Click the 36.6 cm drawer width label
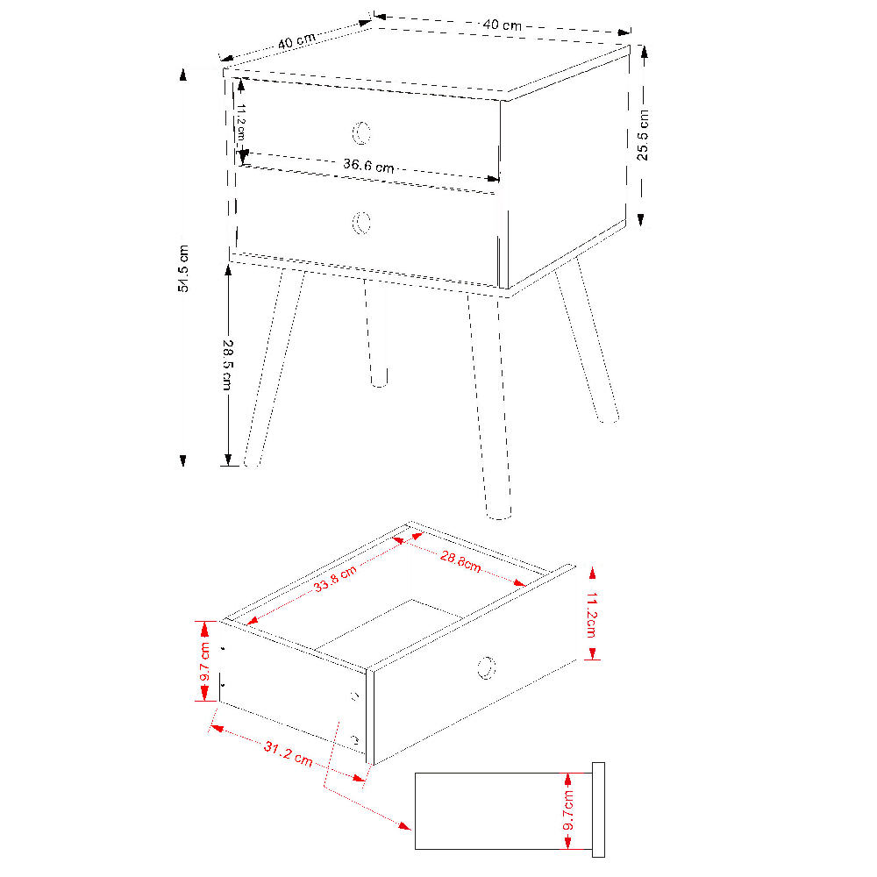click(x=368, y=166)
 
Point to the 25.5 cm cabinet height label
click(x=643, y=135)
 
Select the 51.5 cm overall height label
click(x=183, y=268)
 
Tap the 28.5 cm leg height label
click(x=228, y=365)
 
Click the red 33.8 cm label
click(x=334, y=579)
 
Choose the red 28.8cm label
click(x=460, y=561)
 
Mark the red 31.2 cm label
click(x=288, y=752)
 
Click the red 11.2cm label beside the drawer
click(x=591, y=615)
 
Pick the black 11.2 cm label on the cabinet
click(x=241, y=122)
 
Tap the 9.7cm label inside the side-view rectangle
click(x=567, y=809)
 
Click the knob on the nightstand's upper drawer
click(x=361, y=132)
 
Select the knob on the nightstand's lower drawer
click(x=361, y=223)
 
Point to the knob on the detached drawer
click(x=487, y=667)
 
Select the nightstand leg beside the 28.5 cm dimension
click(x=273, y=368)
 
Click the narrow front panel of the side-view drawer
click(x=598, y=809)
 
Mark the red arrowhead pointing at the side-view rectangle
click(x=404, y=825)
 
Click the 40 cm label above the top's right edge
click(x=503, y=25)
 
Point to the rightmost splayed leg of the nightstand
click(x=588, y=339)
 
